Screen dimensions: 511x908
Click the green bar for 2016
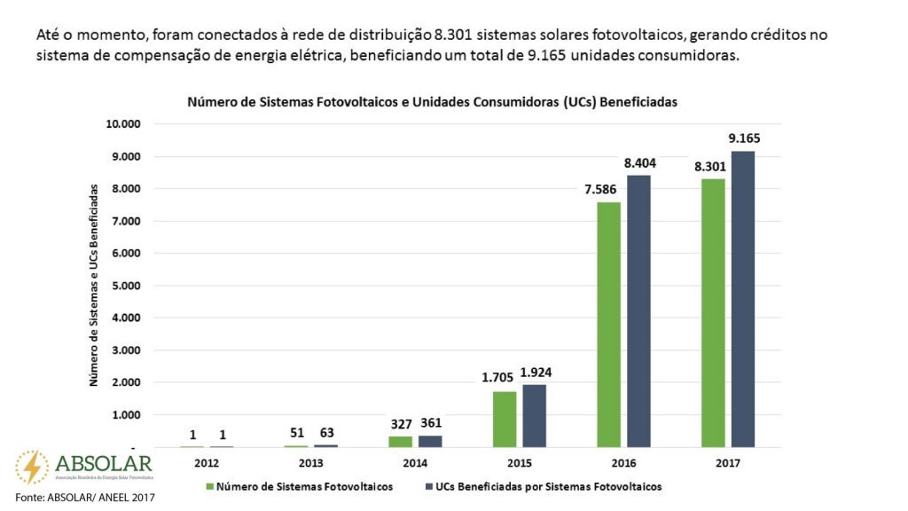click(608, 324)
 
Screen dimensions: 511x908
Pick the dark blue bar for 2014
click(430, 441)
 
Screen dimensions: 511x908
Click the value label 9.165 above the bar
click(744, 138)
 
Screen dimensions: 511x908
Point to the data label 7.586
click(602, 189)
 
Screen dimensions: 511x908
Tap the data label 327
click(401, 423)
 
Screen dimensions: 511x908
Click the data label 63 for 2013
click(326, 433)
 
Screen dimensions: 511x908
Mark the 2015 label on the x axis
click(520, 463)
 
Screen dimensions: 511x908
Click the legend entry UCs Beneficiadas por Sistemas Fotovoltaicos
click(544, 486)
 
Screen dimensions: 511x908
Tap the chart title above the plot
click(432, 102)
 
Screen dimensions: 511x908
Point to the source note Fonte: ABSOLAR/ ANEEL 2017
click(78, 499)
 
